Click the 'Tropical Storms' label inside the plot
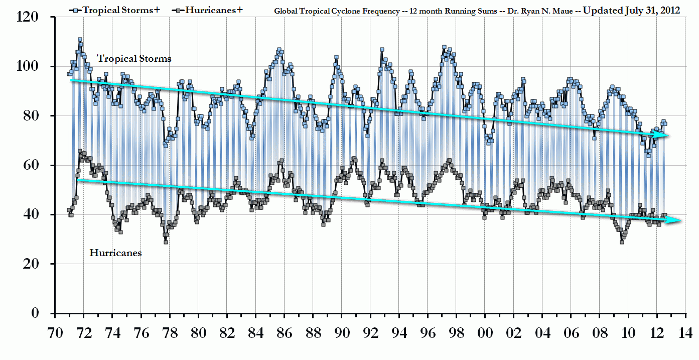[x=134, y=59]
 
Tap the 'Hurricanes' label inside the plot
[x=115, y=253]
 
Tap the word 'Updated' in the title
[x=603, y=11]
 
